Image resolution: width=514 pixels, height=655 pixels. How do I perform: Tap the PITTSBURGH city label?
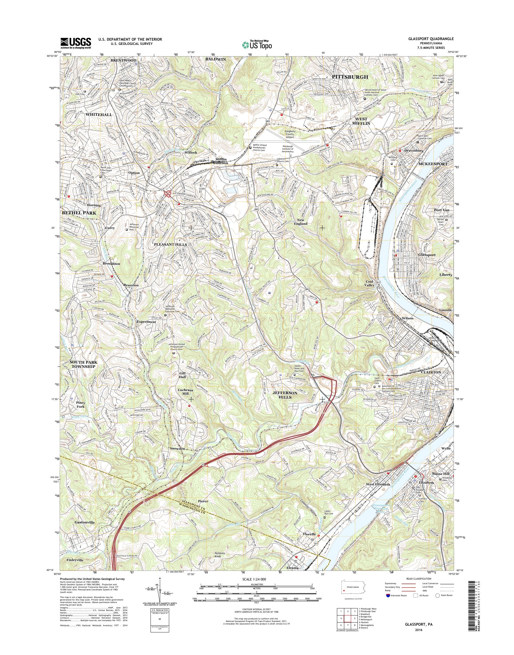point(350,77)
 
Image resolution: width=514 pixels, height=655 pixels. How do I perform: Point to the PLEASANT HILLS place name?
point(170,244)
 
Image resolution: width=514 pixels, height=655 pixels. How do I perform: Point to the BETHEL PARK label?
point(79,213)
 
